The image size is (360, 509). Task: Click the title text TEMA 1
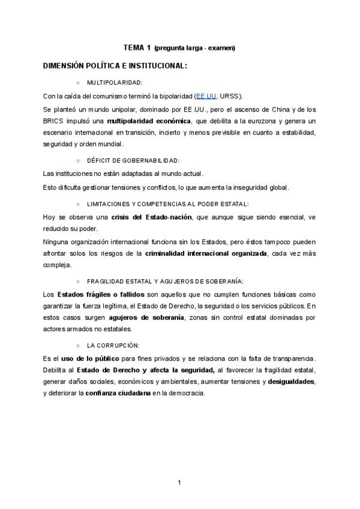pos(137,47)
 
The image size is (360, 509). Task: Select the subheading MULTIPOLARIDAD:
pos(115,82)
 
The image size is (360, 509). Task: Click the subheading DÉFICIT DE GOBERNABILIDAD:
pos(133,160)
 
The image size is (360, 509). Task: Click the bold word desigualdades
pos(291,382)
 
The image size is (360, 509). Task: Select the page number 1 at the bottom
pos(179,482)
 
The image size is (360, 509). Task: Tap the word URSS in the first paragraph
pos(230,96)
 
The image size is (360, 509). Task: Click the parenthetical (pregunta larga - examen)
pos(194,48)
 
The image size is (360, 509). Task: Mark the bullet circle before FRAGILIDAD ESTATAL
pos(78,281)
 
